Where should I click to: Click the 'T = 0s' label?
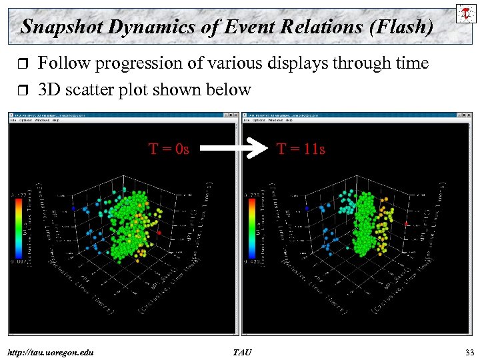[x=169, y=149]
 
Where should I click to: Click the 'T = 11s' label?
[x=301, y=149]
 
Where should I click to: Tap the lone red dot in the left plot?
[x=159, y=233]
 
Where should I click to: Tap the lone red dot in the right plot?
[x=406, y=225]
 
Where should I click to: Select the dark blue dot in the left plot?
[x=73, y=208]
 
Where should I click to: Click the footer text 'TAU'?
[x=242, y=351]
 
